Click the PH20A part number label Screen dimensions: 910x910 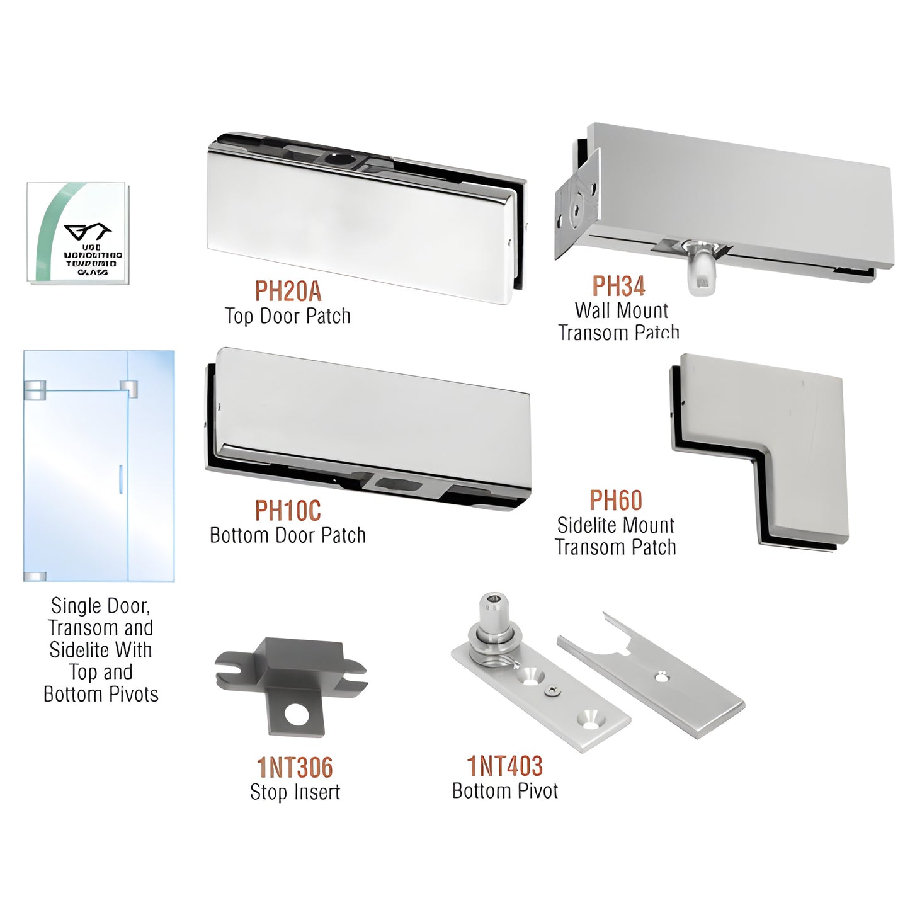coord(288,292)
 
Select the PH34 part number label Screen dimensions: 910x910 coord(618,286)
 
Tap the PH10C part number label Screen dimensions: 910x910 coord(288,511)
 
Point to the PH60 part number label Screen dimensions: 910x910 coord(615,501)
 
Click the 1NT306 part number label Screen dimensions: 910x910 coord(295,768)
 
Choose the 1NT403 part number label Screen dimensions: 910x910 coord(504,766)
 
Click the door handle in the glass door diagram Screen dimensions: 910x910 coord(119,478)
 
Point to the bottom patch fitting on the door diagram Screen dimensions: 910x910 coord(35,576)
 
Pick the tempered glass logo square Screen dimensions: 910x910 coord(77,233)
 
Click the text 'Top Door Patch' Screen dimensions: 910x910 coord(288,316)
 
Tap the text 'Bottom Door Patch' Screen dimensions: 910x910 coord(288,535)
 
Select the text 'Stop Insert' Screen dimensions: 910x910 coord(295,792)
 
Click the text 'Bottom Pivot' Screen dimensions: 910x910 coord(504,791)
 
